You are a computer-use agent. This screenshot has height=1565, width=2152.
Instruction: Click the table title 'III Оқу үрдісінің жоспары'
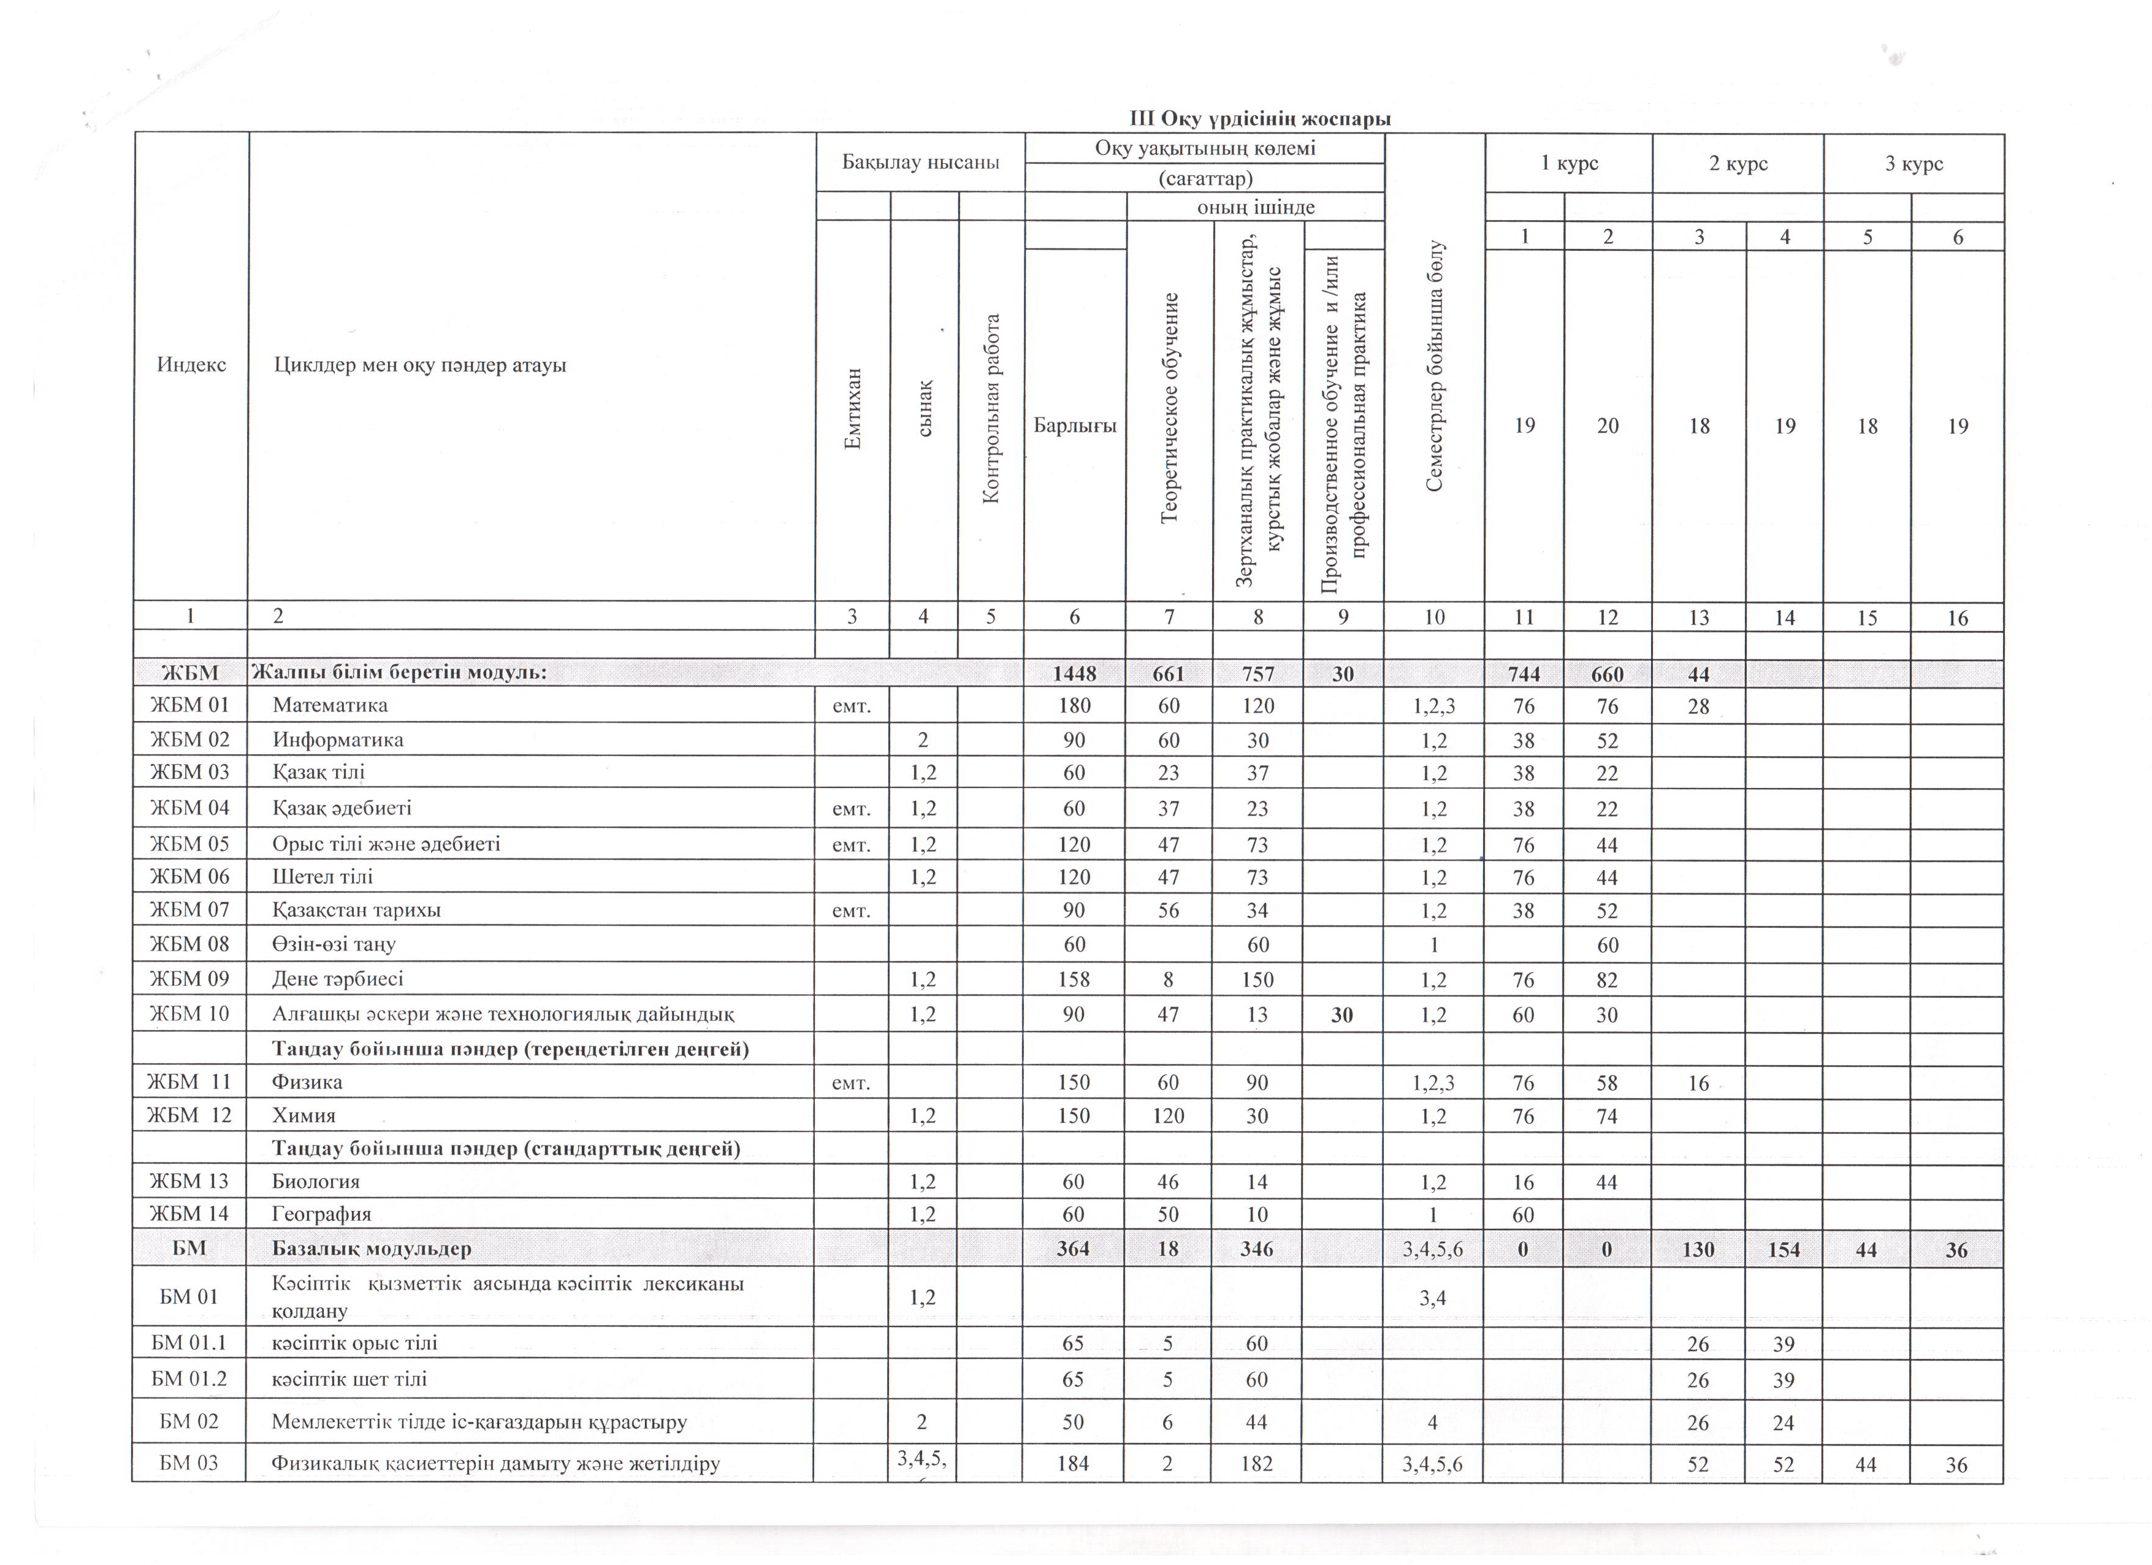[1260, 120]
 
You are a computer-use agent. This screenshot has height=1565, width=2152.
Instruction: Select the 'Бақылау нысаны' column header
[920, 163]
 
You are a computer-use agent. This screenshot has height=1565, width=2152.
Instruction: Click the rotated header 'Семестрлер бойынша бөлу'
[1435, 366]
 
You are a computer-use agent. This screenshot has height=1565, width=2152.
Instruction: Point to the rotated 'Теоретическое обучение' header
[1170, 408]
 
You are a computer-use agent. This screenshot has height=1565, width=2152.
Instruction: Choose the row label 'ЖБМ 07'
[190, 910]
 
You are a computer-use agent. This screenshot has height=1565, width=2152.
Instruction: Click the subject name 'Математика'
[330, 705]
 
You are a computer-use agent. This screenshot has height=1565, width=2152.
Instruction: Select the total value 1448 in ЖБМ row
[1074, 674]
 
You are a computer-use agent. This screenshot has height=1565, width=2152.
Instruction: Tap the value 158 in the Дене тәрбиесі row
[1074, 979]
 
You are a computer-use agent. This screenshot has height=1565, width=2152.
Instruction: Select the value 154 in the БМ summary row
[1784, 1250]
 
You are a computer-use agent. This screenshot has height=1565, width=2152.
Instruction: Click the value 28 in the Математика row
[1698, 706]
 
